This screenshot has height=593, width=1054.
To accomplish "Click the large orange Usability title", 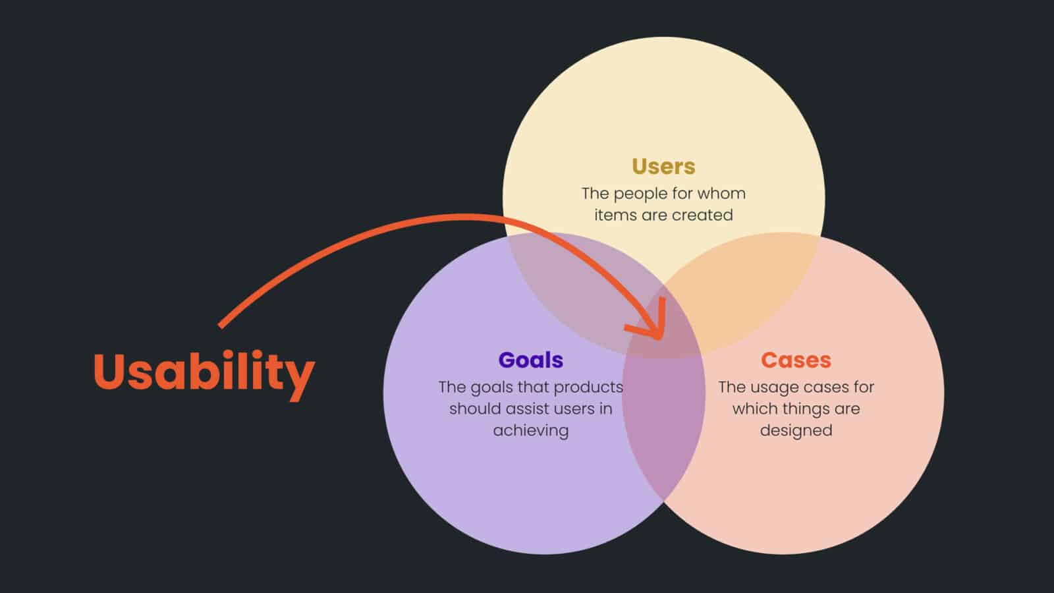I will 204,372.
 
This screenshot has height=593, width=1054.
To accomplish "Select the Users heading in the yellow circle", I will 663,166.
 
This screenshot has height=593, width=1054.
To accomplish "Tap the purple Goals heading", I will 531,360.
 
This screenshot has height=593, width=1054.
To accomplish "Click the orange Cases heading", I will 796,360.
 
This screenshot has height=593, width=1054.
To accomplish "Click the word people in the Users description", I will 642,194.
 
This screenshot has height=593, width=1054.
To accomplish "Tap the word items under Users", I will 611,215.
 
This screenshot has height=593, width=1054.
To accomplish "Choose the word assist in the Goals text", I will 525,409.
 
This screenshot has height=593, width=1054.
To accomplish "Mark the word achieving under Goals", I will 531,431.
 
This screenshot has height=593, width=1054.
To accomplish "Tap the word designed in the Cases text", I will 796,431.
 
